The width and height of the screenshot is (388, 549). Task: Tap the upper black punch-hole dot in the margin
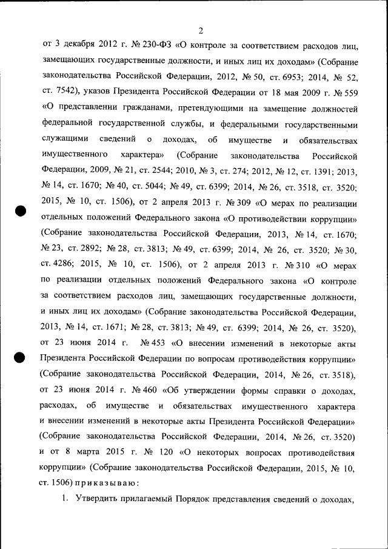click(19, 211)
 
